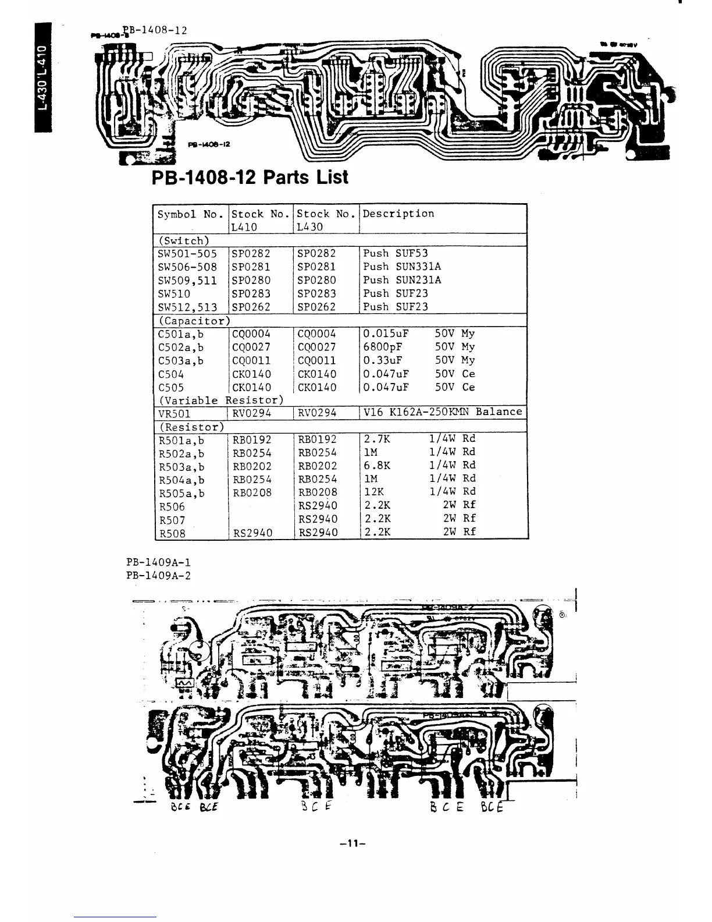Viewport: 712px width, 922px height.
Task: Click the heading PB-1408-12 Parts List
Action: click(x=250, y=176)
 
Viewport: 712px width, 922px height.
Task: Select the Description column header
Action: click(x=398, y=214)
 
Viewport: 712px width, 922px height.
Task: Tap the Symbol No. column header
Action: click(x=190, y=214)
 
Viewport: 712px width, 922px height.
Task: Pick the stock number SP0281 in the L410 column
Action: click(x=251, y=267)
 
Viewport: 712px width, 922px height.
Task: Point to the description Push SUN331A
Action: click(x=402, y=267)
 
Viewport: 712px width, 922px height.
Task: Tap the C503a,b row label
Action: click(x=181, y=361)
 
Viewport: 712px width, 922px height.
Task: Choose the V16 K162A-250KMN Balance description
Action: click(x=443, y=412)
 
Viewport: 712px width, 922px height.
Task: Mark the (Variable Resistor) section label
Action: click(x=221, y=400)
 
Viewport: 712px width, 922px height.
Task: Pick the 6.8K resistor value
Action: click(x=377, y=466)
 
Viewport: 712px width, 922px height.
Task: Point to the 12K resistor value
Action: click(x=373, y=492)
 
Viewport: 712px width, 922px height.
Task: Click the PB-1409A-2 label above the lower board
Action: click(x=158, y=576)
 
